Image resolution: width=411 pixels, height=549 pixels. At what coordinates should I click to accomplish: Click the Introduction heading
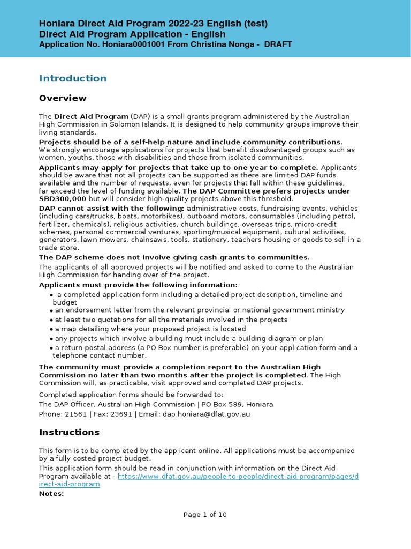(73, 78)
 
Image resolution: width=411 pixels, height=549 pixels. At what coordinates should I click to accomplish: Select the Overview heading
(63, 98)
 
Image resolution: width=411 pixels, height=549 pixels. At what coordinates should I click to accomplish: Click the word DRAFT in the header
(278, 44)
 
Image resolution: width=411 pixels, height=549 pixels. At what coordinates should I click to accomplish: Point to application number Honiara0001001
(126, 44)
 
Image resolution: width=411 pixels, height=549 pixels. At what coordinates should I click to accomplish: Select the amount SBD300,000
(63, 198)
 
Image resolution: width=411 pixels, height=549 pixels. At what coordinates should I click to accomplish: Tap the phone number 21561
(73, 414)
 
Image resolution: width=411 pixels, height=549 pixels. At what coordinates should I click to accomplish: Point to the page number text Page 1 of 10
(205, 515)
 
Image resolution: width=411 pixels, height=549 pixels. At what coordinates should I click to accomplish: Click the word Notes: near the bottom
(51, 493)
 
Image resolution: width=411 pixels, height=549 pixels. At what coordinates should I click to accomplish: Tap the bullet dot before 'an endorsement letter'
(51, 310)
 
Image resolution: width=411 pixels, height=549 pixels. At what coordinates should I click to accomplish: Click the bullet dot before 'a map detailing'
(51, 329)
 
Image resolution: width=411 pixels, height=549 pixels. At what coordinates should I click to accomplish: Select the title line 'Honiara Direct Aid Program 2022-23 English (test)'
(153, 24)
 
